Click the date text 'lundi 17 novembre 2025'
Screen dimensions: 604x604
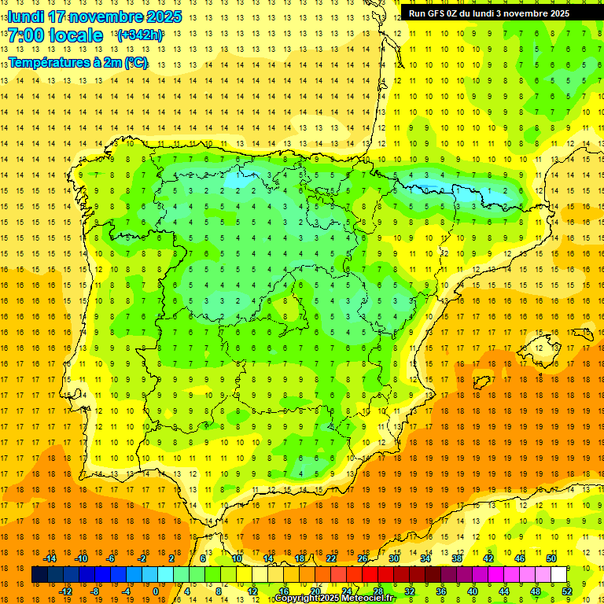tap(94, 17)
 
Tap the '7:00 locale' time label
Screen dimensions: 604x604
tap(55, 35)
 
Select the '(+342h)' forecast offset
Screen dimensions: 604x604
tap(140, 35)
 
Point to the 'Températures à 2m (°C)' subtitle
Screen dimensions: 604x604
tap(78, 63)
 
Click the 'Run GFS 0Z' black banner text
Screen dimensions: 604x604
tap(488, 13)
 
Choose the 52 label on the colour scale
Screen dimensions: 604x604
tap(567, 591)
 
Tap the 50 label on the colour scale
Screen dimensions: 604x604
tap(551, 558)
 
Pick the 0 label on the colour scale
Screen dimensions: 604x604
tap(155, 591)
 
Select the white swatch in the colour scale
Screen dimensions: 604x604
tap(559, 575)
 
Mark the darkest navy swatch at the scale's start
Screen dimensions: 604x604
tap(39, 575)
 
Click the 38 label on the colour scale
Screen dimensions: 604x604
tap(457, 558)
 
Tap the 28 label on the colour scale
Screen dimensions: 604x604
tap(378, 591)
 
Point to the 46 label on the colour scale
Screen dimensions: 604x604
tap(520, 558)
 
